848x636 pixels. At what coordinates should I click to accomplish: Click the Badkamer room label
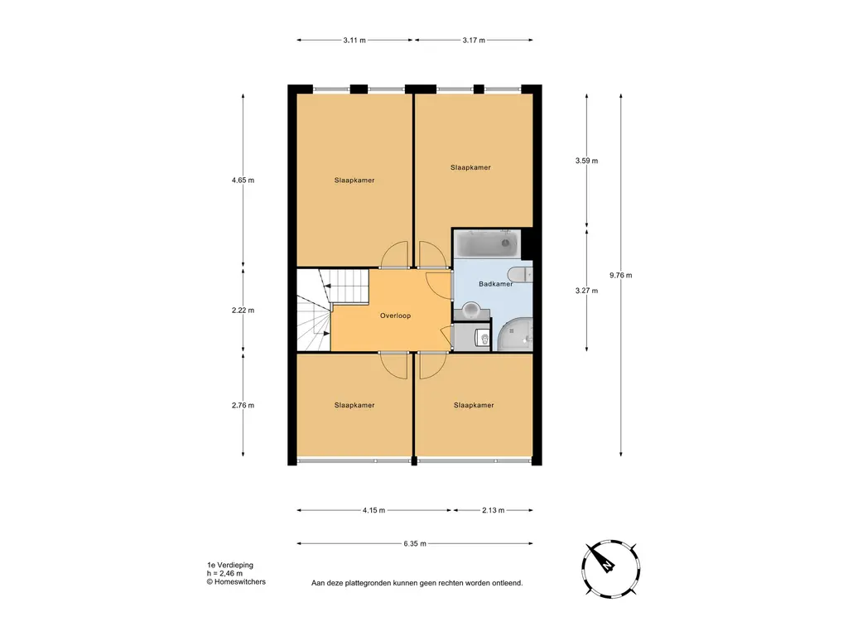(x=495, y=284)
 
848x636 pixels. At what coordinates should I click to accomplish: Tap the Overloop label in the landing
(x=395, y=316)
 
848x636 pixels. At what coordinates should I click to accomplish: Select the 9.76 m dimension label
(x=620, y=275)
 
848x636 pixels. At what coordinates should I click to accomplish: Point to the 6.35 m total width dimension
(x=415, y=543)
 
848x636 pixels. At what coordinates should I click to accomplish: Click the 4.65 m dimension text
(x=243, y=180)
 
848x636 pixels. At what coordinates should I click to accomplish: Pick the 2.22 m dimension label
(x=243, y=311)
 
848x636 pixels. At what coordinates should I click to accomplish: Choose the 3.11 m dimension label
(x=354, y=40)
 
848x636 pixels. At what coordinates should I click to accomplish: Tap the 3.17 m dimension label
(x=474, y=40)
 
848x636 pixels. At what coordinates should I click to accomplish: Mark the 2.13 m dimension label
(x=494, y=510)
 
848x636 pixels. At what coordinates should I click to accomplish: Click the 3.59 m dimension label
(x=587, y=161)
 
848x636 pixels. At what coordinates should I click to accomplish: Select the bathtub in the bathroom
(x=486, y=244)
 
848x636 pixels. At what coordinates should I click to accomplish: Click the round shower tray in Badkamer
(x=515, y=335)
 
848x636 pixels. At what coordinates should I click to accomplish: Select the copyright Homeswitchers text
(x=236, y=582)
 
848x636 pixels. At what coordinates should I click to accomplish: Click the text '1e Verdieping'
(x=230, y=565)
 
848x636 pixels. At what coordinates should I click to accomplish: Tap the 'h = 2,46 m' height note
(x=224, y=574)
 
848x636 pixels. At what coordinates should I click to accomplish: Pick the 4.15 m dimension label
(x=373, y=510)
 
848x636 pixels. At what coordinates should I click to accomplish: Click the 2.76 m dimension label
(x=243, y=405)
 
